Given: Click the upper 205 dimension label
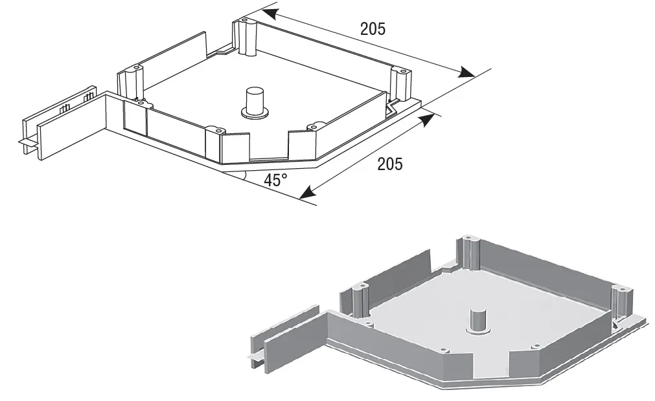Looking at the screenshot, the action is tap(373, 28).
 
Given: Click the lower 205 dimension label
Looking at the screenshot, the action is tap(390, 164).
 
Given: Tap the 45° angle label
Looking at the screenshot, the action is tap(275, 180).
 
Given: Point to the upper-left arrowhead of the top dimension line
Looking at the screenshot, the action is tap(271, 14).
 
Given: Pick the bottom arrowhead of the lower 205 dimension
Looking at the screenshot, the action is tap(307, 191).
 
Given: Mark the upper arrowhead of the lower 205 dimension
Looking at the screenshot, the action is tap(426, 120).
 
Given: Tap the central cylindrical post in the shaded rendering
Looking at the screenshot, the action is tap(478, 321).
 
